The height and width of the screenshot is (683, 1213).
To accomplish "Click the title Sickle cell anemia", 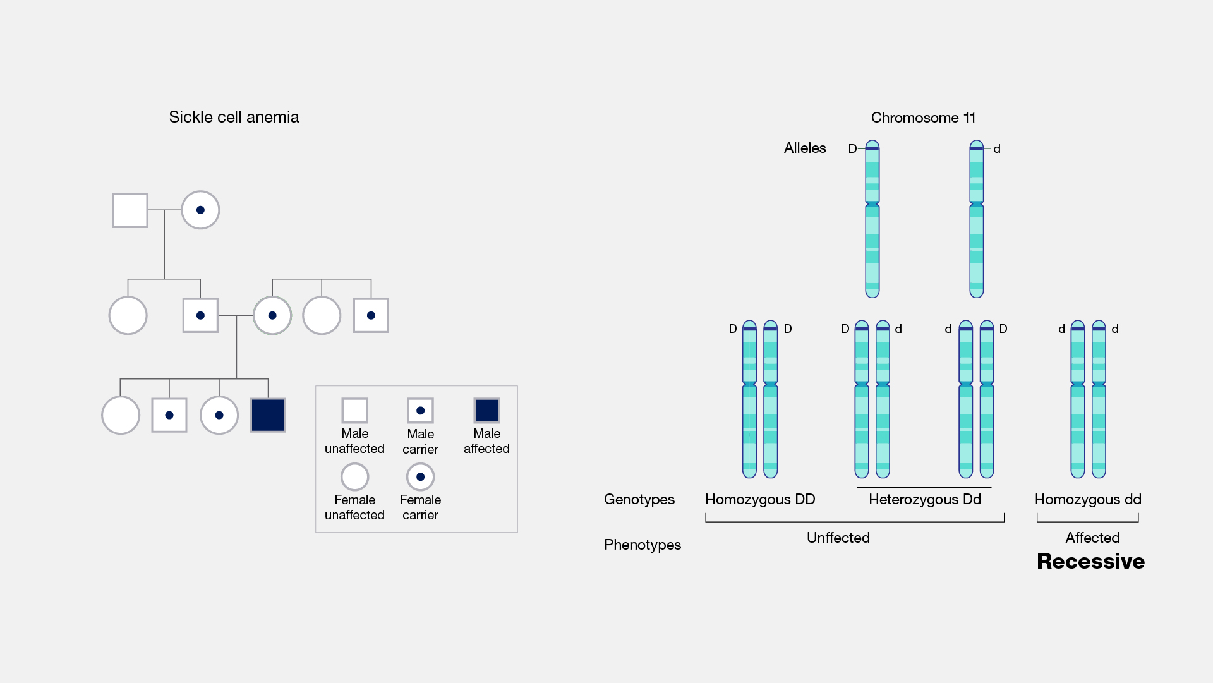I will click(234, 118).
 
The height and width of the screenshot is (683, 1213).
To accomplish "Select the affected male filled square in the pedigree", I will click(268, 415).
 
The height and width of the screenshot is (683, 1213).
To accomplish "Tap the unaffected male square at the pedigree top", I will click(130, 210).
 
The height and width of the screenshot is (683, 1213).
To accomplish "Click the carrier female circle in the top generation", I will click(200, 210).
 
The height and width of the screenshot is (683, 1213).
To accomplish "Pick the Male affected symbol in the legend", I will click(486, 411).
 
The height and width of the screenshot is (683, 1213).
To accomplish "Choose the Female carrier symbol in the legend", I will click(420, 477).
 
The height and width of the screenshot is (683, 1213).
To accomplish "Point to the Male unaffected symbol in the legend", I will click(354, 411).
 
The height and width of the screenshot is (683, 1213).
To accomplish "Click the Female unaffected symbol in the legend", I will click(354, 477).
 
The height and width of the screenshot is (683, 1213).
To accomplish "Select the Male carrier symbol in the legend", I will click(420, 411).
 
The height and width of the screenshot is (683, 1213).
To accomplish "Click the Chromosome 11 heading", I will click(923, 118).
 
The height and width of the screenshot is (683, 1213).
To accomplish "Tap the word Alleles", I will click(805, 148).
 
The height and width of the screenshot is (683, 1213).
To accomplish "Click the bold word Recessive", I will click(1090, 562).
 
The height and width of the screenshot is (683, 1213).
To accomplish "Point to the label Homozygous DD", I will click(760, 500).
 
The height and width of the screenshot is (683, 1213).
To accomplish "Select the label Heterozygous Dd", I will click(925, 500).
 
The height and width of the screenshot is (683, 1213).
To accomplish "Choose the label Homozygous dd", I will click(1088, 500).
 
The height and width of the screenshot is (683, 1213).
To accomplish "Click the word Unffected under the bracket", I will click(838, 538).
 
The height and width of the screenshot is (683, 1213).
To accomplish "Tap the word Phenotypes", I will click(643, 545).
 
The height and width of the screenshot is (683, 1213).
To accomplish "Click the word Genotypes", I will click(639, 500).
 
